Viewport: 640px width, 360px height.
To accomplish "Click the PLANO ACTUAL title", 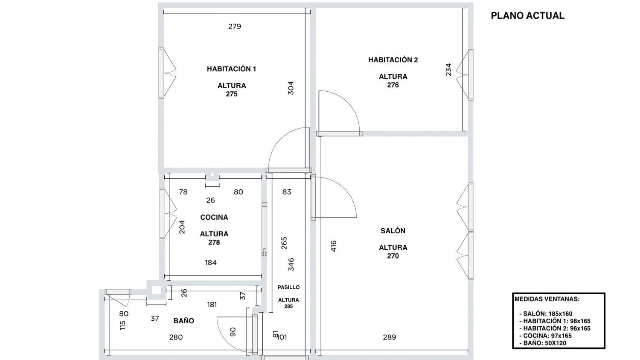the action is [527, 16].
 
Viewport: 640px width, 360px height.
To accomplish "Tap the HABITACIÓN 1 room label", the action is [231, 69].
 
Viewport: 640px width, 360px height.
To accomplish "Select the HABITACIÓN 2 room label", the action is [393, 60].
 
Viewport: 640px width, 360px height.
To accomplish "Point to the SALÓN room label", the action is [393, 231].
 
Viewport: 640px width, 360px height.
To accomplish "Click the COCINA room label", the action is [214, 217].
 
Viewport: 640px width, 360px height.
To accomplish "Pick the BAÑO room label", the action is [184, 321].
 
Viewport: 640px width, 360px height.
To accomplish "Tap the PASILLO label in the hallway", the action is [288, 287].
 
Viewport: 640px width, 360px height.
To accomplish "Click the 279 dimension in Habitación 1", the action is [235, 26].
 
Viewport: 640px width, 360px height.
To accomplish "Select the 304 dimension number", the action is [291, 88].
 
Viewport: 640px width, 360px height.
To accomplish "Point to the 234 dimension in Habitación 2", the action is [448, 70].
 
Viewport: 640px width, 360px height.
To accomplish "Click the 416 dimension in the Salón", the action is [333, 246].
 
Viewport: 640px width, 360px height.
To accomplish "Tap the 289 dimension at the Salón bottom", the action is [390, 337].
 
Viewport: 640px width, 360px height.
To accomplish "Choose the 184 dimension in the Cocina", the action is [211, 263].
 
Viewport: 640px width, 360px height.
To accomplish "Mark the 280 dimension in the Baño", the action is [176, 337].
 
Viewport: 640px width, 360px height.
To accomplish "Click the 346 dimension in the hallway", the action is [291, 264].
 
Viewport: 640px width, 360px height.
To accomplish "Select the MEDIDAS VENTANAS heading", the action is [547, 299].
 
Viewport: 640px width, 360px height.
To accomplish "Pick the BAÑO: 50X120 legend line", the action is [543, 343].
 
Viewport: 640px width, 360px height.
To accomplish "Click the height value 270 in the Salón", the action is [393, 256].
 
